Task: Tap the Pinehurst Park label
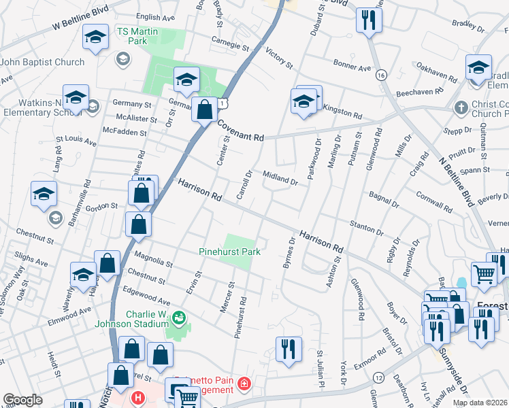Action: [x=229, y=252]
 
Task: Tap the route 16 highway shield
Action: [x=380, y=75]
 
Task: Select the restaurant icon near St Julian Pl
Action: [x=289, y=348]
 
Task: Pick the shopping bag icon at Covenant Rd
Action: [x=204, y=109]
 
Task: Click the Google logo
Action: [x=22, y=400]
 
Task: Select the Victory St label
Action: [x=278, y=58]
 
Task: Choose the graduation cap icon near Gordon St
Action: [x=44, y=194]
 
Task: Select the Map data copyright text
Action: [x=480, y=403]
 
